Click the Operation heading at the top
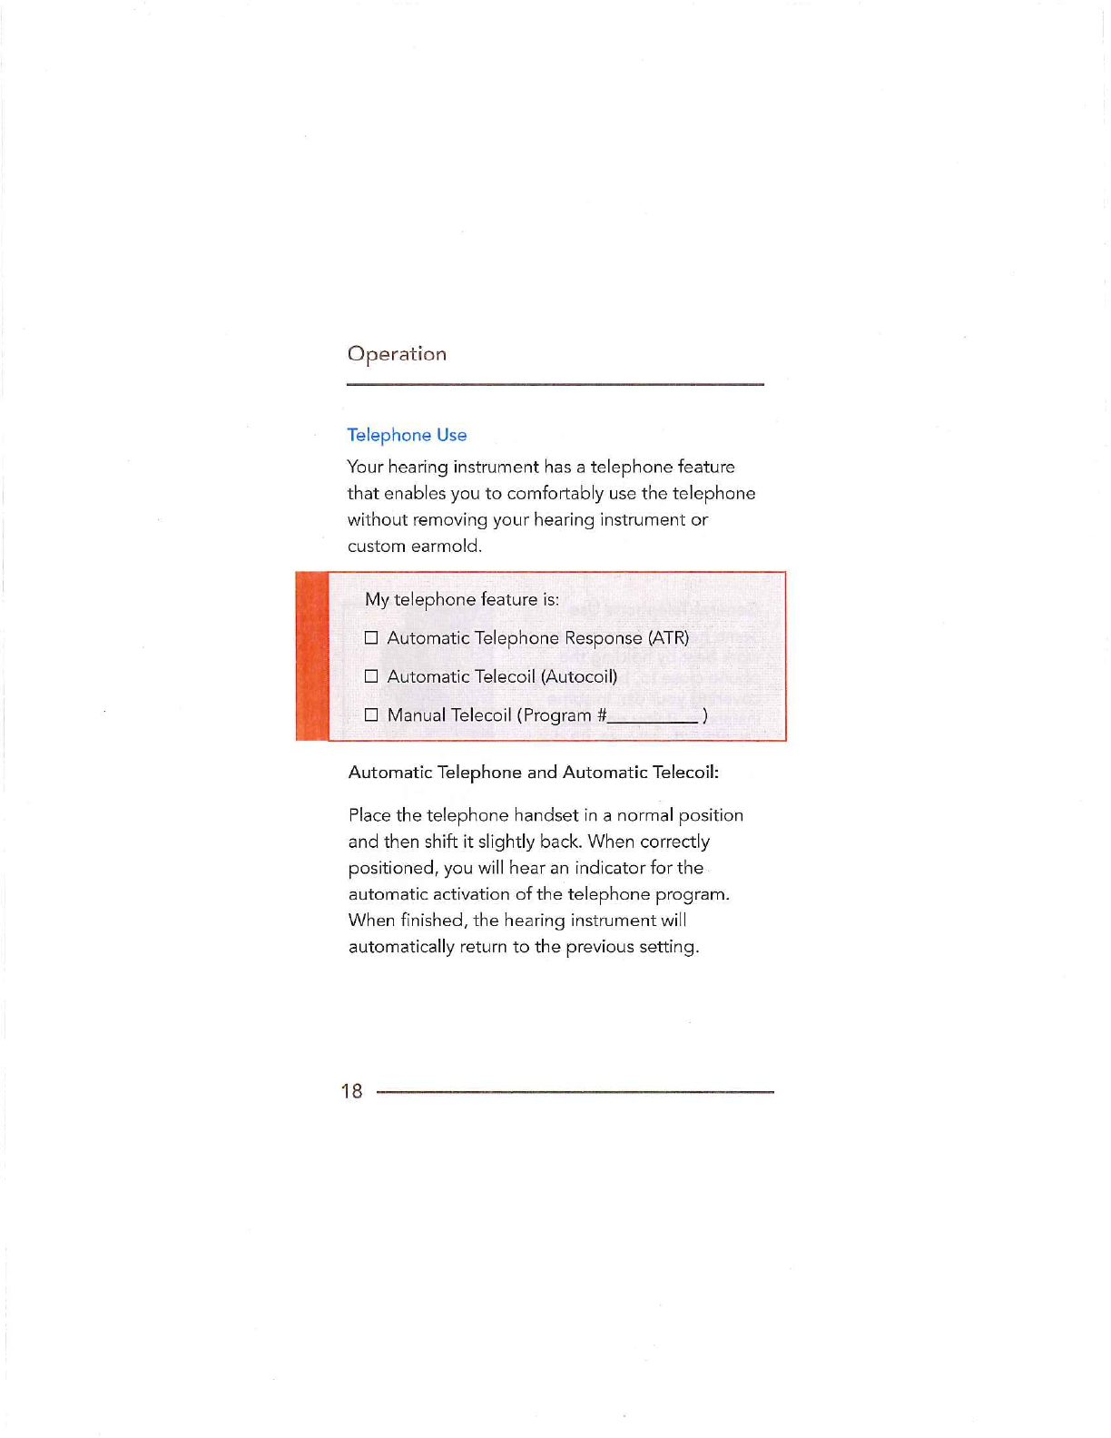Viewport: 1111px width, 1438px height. (397, 354)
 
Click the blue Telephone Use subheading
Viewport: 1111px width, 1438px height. (407, 435)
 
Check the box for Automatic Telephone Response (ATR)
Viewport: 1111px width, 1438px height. (371, 638)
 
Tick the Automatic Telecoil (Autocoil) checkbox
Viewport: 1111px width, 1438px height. (371, 676)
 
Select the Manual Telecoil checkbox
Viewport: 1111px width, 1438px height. (371, 715)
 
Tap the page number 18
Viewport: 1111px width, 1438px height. (352, 1091)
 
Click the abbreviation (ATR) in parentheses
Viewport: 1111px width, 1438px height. (668, 638)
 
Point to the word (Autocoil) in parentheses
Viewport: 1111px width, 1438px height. (579, 676)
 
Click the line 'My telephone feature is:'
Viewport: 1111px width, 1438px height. (461, 599)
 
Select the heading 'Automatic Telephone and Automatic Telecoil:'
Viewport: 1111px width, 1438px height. (534, 773)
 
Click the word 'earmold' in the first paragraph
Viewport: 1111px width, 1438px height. (445, 546)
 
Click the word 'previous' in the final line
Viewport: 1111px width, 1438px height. (598, 947)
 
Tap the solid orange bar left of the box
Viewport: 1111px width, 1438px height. (311, 656)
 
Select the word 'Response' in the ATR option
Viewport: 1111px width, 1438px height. (603, 638)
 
